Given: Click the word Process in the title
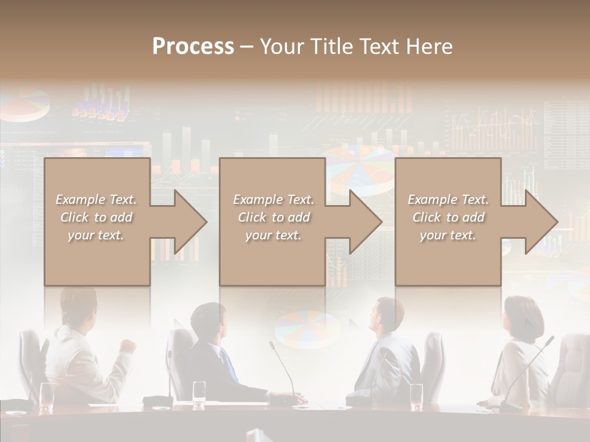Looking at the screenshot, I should (x=193, y=46).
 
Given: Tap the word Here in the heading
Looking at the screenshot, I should (x=428, y=46).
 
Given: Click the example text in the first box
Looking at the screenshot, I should (x=96, y=217).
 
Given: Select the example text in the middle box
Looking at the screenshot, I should (x=273, y=217).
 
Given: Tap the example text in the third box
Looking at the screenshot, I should (x=448, y=217).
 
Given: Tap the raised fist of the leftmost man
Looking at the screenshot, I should (x=128, y=346).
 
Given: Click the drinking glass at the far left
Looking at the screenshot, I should (x=47, y=396).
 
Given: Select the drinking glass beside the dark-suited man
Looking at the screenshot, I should (x=199, y=393).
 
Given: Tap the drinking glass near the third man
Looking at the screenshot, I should (x=416, y=396).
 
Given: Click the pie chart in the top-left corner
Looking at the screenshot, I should (x=25, y=106).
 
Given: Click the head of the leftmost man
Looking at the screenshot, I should (x=79, y=308).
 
